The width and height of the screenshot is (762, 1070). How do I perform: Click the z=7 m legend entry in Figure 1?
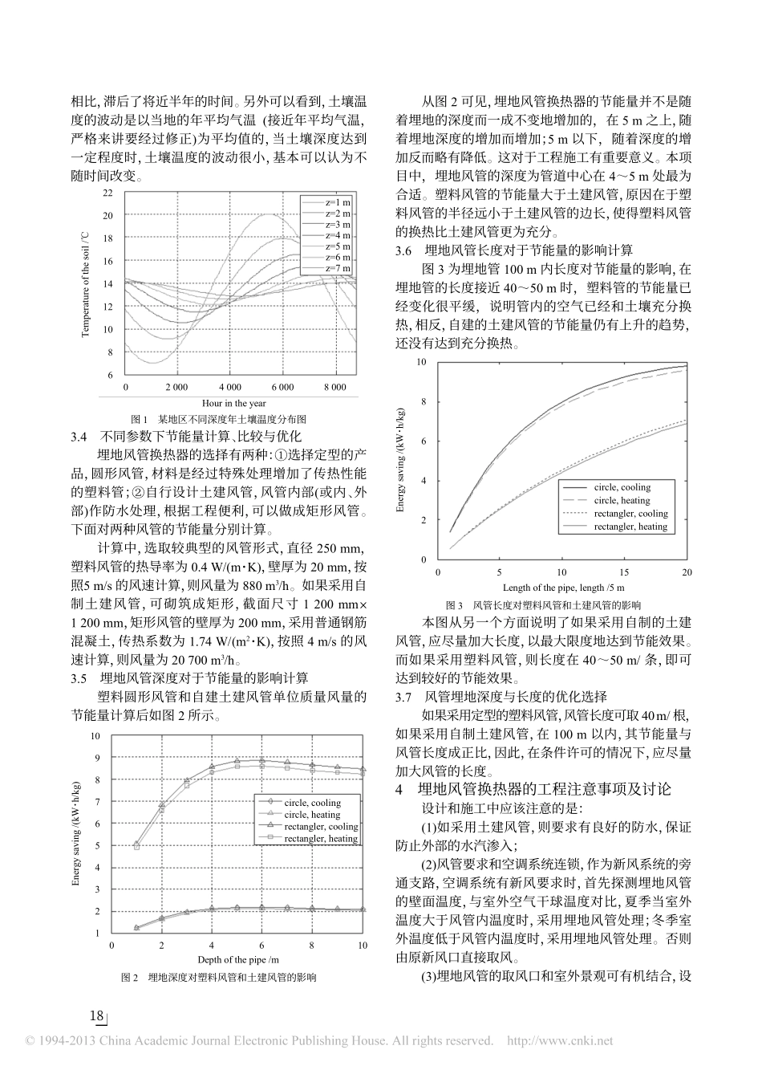pyautogui.click(x=338, y=268)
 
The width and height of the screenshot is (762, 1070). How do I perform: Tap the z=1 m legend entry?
pyautogui.click(x=338, y=202)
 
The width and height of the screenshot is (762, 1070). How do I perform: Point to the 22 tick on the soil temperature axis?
pyautogui.click(x=108, y=193)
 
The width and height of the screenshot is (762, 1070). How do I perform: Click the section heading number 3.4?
pyautogui.click(x=80, y=437)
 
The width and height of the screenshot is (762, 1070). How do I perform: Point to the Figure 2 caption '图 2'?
pyautogui.click(x=129, y=978)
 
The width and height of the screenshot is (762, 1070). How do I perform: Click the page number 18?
pyautogui.click(x=97, y=1017)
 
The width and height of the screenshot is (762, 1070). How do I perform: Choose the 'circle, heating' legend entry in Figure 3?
pyautogui.click(x=622, y=500)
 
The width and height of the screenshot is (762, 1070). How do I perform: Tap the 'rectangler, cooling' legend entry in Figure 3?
pyautogui.click(x=630, y=514)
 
